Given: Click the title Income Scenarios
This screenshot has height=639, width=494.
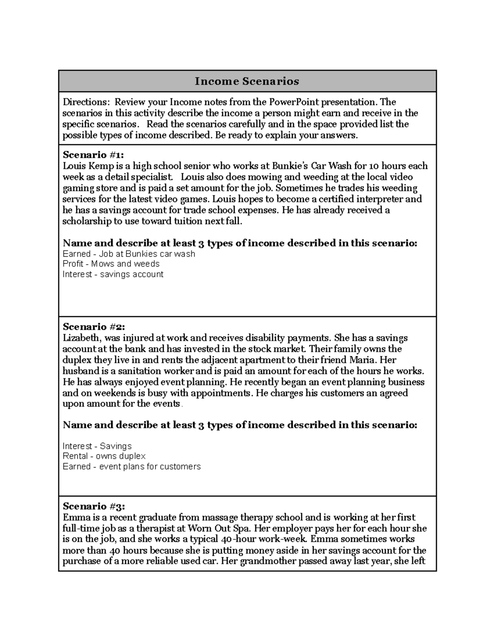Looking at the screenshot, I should point(247,81).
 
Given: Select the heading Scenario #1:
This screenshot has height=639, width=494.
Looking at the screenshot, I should point(93,155).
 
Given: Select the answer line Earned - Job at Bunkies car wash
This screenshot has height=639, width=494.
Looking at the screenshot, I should point(129,254).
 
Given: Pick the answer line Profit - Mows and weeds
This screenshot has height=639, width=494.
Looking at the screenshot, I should point(111,264).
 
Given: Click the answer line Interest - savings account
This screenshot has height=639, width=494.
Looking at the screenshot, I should point(113,274).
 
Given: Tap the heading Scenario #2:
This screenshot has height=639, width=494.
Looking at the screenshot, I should point(93,327).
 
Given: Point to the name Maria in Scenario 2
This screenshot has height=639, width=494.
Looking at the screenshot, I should point(364,360).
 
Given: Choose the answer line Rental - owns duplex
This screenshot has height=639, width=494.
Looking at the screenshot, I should point(104,456).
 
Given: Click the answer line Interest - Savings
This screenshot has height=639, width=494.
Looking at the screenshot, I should point(97,446).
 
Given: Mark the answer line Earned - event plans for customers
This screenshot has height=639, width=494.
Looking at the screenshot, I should point(132,467).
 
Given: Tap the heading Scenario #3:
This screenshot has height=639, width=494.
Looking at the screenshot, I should point(93,506).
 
